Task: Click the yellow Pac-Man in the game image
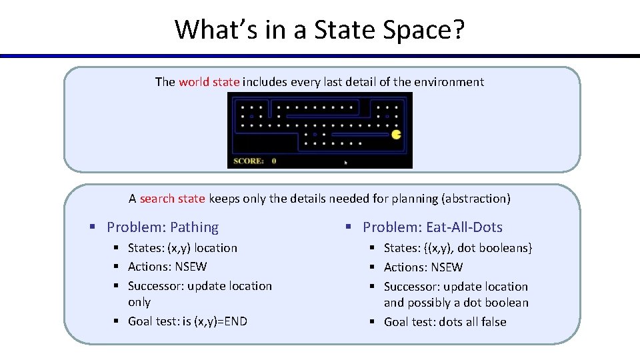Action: (x=397, y=135)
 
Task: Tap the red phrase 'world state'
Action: (x=209, y=82)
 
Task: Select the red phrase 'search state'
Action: (x=172, y=198)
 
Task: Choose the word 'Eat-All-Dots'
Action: (x=465, y=227)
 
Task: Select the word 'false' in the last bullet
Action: (x=493, y=322)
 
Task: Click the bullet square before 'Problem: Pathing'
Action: (x=94, y=227)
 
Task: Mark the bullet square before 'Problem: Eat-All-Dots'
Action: (x=349, y=227)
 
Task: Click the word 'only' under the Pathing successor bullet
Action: (x=139, y=302)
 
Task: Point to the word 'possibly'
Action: (x=429, y=303)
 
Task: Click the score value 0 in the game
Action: (x=274, y=161)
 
